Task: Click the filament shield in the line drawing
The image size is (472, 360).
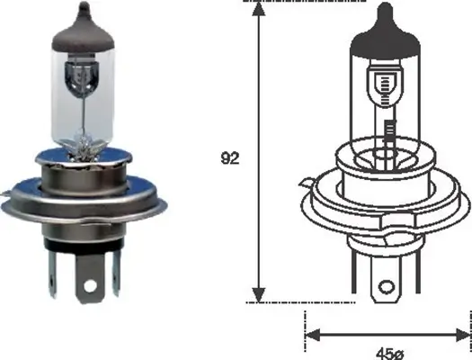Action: [x=387, y=89]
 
